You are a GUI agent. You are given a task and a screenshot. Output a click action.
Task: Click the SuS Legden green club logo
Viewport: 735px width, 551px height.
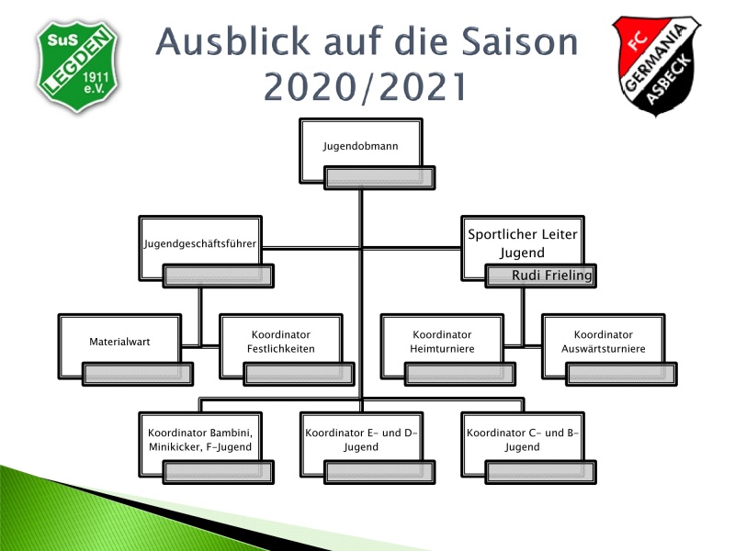(77, 66)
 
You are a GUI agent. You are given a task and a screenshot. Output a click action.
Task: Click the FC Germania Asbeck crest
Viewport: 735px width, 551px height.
(656, 65)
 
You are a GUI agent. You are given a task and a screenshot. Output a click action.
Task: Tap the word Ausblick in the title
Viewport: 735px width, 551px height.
(232, 41)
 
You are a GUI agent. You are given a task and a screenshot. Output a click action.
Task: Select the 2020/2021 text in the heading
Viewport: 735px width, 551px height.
(365, 86)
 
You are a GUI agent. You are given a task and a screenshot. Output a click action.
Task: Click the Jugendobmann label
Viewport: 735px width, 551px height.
(360, 146)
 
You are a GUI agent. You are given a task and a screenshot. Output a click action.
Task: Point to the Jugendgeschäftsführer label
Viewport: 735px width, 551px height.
(200, 243)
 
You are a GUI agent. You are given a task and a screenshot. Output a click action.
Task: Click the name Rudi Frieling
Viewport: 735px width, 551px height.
(552, 275)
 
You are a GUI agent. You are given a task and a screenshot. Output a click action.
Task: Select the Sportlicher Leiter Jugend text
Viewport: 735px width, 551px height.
(522, 243)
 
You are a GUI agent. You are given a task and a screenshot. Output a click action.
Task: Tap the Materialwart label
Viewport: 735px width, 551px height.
(119, 342)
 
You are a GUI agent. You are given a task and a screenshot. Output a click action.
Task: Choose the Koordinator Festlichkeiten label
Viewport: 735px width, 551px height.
(281, 342)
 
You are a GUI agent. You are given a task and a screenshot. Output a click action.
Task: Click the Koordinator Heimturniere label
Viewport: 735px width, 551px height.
(442, 342)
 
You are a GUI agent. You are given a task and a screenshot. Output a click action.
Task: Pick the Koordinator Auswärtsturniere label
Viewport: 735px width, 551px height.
(604, 342)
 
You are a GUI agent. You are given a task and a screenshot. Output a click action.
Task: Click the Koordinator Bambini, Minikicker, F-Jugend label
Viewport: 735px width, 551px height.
(200, 440)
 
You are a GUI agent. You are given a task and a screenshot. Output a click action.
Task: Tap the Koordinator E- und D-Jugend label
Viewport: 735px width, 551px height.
(361, 440)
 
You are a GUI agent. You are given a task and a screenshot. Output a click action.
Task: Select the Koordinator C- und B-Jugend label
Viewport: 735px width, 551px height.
(522, 440)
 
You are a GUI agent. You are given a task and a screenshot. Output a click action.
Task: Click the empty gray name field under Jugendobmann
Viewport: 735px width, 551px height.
(379, 177)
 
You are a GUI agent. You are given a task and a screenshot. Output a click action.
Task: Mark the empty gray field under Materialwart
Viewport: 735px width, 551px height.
(137, 374)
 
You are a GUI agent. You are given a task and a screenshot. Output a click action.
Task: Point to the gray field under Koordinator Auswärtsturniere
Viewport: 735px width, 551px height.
(621, 374)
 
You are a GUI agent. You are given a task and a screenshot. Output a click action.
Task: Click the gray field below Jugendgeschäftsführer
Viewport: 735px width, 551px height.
(218, 275)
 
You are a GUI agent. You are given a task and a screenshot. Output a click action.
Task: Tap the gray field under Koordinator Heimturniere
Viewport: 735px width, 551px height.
(460, 374)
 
